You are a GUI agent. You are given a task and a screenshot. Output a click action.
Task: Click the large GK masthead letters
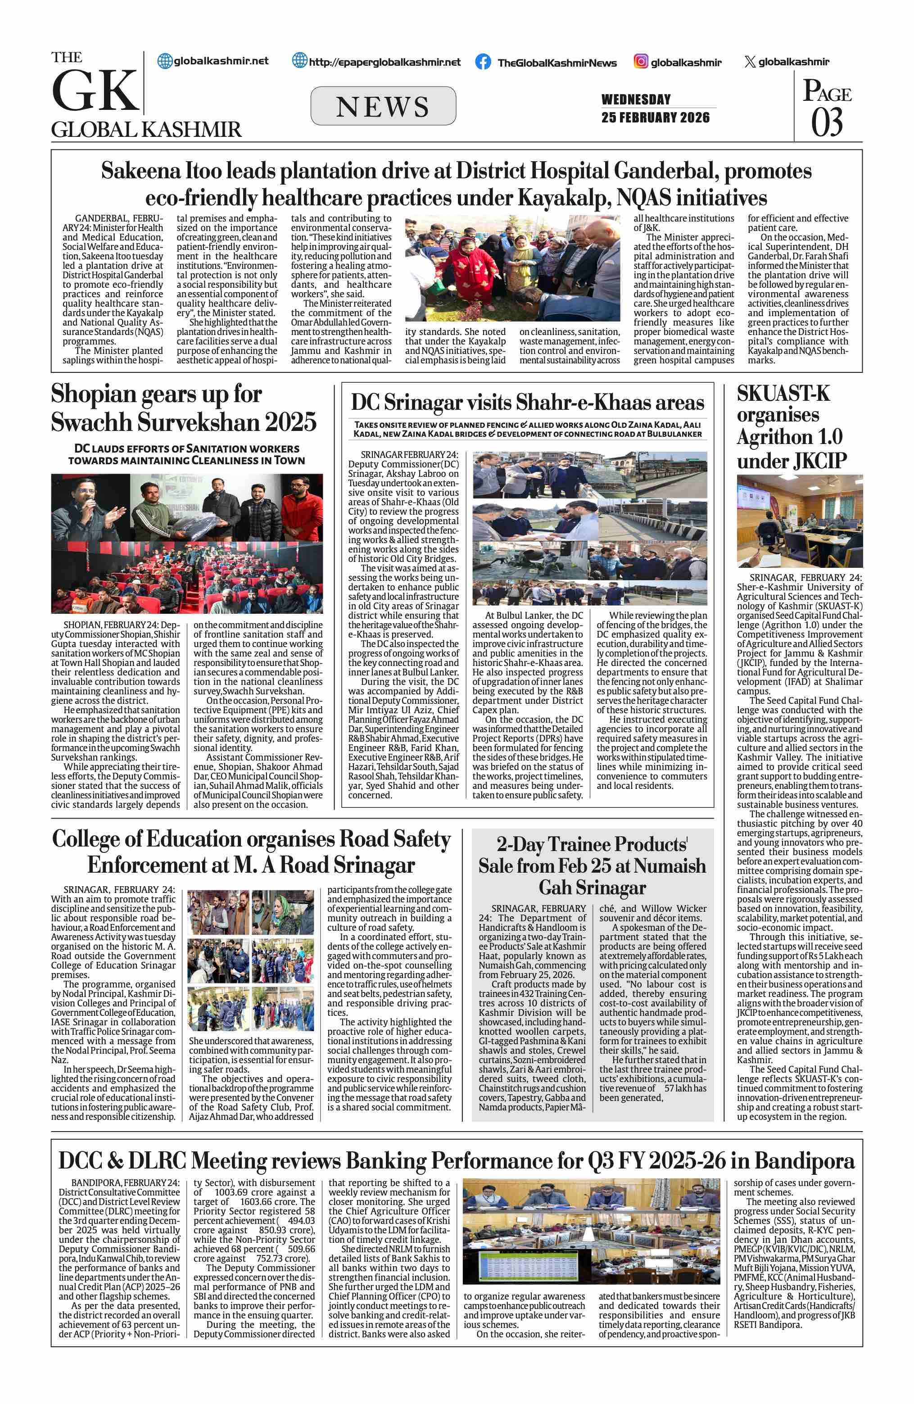[x=95, y=91]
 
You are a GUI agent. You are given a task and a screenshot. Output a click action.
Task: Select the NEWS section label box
[x=383, y=106]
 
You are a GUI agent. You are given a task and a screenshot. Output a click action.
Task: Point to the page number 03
[x=827, y=122]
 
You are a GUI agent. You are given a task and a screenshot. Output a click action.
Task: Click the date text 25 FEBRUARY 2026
[x=655, y=118]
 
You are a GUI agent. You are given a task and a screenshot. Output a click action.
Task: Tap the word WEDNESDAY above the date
[x=636, y=99]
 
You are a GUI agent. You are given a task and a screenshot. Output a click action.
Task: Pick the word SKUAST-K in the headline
[x=783, y=394]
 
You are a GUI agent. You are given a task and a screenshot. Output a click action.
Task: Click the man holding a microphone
[x=88, y=507]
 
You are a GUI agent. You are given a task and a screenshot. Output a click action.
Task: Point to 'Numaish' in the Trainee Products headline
[x=670, y=866]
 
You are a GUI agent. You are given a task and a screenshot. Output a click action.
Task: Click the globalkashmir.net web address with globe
[x=213, y=61]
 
